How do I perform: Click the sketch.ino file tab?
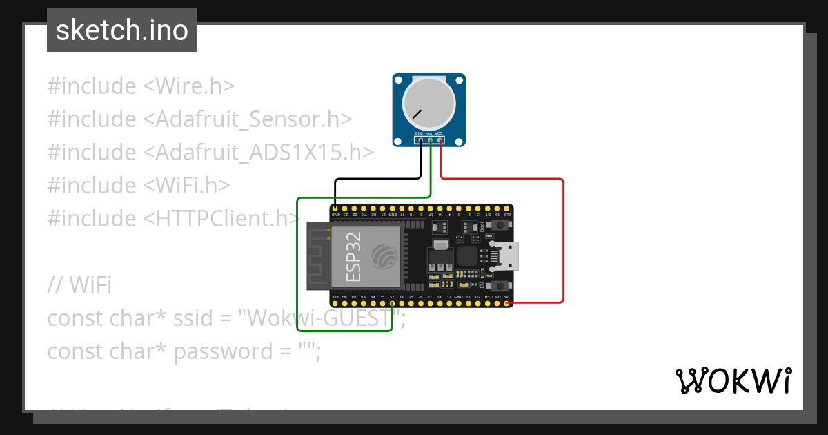[x=122, y=30]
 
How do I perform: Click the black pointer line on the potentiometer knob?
[x=417, y=113]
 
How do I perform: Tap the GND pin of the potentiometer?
[x=420, y=140]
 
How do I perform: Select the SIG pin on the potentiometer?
[x=430, y=140]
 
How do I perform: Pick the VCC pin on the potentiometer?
[x=440, y=140]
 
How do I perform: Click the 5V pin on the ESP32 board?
[x=506, y=303]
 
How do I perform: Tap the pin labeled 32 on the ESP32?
[x=392, y=303]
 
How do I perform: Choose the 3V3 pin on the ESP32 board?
[x=335, y=303]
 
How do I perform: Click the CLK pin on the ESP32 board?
[x=507, y=208]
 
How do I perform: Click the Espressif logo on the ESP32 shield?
[x=384, y=256]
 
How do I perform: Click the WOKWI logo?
[x=733, y=380]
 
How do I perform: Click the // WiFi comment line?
[x=79, y=284]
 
